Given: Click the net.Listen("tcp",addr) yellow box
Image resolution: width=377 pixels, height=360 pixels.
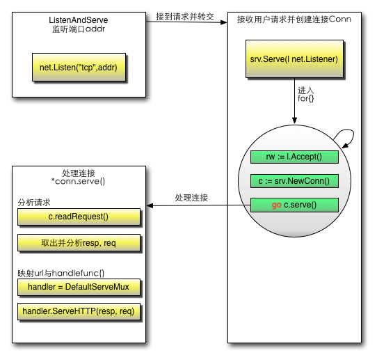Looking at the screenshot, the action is (79, 67).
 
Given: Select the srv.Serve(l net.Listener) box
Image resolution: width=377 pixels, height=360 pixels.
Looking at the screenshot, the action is (294, 58).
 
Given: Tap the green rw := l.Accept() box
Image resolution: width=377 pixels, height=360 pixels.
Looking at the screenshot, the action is (294, 157).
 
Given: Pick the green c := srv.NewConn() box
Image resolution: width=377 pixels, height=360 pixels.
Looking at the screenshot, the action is (294, 181).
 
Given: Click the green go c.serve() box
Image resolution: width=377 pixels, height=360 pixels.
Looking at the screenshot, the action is (294, 205).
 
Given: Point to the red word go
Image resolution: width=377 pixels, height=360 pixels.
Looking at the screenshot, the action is (277, 205).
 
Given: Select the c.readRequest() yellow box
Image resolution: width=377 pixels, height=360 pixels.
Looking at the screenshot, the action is (79, 217).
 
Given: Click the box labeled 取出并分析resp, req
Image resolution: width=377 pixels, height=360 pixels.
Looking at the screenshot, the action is (79, 243).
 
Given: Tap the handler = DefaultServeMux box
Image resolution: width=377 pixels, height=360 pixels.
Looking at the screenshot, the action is (79, 287).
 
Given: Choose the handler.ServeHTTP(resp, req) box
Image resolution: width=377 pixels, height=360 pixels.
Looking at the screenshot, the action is (79, 312).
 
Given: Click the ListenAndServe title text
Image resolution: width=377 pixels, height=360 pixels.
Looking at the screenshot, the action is (79, 20).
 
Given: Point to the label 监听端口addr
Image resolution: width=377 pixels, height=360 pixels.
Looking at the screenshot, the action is (79, 29).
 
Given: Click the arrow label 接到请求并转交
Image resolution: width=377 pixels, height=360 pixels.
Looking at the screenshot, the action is (185, 17).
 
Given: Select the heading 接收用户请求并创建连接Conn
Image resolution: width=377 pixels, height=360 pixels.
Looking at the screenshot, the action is (294, 19).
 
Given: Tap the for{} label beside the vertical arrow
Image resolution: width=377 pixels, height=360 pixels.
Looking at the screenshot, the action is (305, 98).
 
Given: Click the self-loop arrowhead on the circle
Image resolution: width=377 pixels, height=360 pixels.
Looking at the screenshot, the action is (346, 146).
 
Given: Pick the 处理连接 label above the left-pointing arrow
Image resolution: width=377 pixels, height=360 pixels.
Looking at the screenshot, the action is (191, 198).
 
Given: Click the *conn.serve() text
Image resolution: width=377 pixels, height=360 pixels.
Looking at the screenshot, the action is (78, 181).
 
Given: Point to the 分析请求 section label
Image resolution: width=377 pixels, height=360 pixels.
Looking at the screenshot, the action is (34, 203).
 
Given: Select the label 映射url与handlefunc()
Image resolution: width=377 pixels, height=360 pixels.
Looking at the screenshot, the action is (61, 274).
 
